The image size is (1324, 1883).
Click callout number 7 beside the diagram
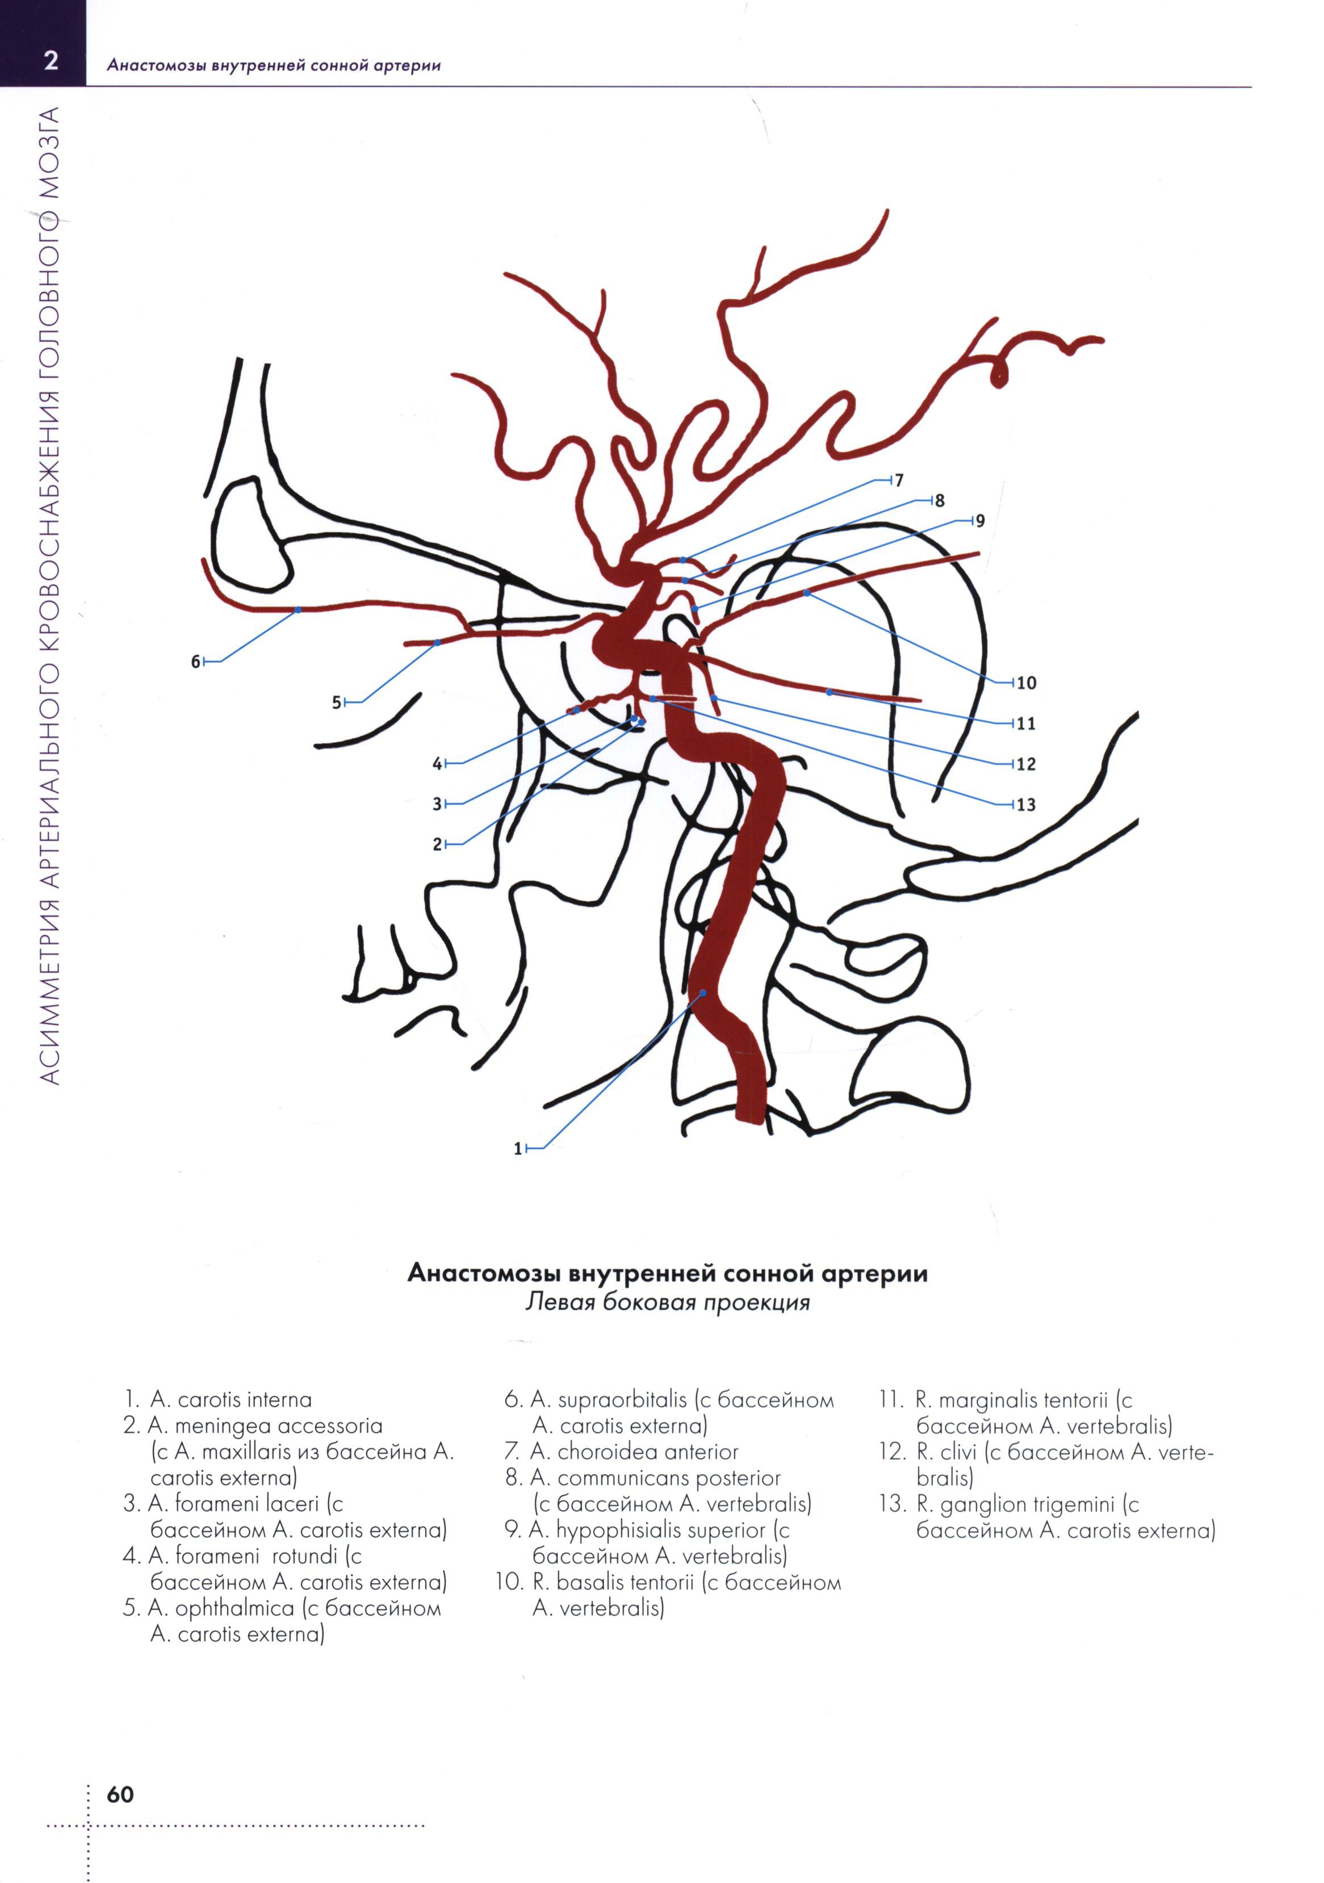[899, 480]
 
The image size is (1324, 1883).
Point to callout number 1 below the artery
[517, 1149]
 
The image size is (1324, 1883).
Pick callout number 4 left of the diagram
[437, 764]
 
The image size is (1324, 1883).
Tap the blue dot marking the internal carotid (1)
[702, 993]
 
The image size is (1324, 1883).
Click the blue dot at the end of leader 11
[829, 692]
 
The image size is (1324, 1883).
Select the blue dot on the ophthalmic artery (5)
[437, 641]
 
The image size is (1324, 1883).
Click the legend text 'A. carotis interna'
[231, 1399]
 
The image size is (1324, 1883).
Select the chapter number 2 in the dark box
[51, 61]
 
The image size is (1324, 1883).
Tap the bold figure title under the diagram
[667, 1274]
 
